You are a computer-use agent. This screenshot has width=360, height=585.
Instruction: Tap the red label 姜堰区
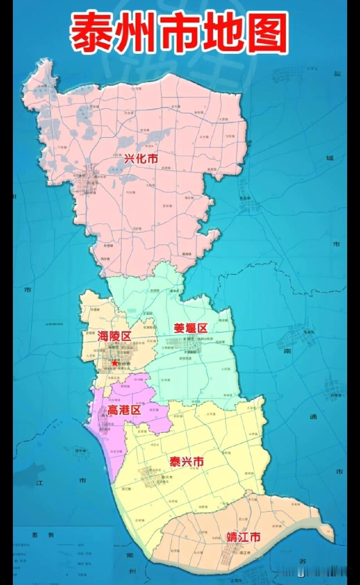191,328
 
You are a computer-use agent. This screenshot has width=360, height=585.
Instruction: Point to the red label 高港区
124,410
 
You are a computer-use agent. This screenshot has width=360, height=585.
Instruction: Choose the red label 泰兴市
187,462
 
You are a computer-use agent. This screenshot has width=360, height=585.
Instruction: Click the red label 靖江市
243,537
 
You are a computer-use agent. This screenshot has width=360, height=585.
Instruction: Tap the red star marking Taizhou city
114,363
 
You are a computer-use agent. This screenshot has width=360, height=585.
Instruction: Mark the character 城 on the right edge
330,158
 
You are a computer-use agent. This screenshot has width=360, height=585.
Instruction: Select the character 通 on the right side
313,416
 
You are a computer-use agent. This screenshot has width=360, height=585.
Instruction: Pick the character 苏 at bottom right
303,562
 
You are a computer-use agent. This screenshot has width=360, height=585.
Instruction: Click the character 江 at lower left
39,483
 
